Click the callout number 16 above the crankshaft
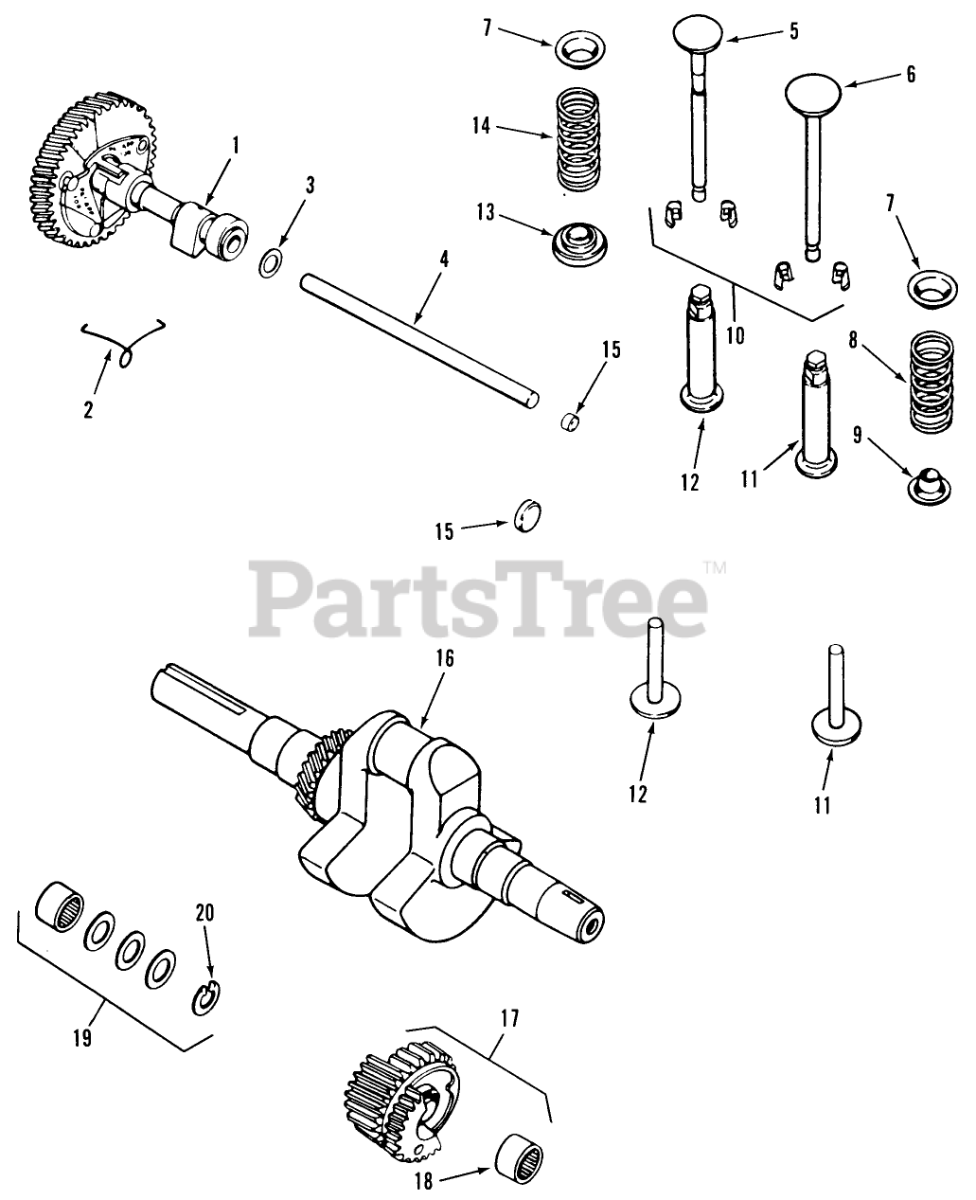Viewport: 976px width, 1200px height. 445,657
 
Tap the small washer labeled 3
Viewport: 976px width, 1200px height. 269,262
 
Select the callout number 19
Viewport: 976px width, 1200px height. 81,1037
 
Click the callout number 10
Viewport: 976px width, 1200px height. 735,334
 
